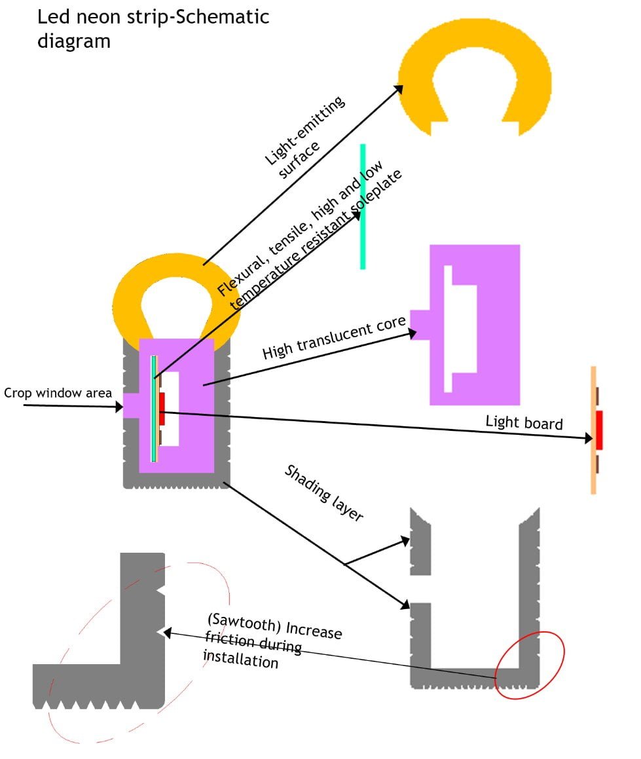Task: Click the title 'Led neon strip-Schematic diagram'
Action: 153,28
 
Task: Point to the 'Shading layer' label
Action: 323,493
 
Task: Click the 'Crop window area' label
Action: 57,394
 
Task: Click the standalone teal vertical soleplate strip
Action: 363,206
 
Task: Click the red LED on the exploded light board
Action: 598,430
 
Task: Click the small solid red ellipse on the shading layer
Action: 529,665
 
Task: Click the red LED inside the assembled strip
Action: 162,409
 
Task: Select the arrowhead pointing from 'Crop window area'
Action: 119,407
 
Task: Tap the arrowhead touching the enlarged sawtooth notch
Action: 168,633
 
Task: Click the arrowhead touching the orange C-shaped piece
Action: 398,89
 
